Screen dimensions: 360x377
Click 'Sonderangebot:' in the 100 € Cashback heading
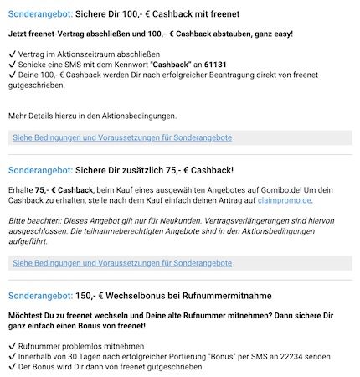(x=38, y=15)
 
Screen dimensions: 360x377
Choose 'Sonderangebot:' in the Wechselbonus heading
(x=38, y=295)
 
